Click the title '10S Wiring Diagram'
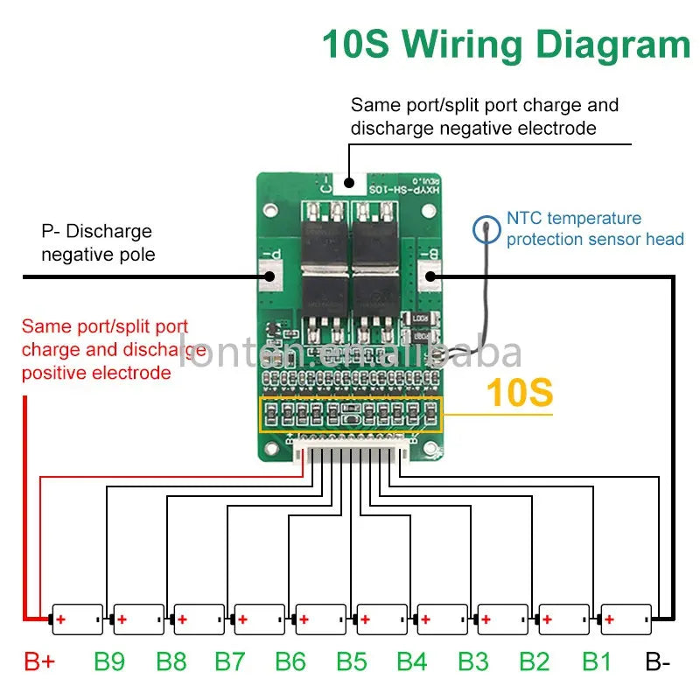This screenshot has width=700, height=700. click(x=506, y=44)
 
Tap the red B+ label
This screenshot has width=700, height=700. click(x=39, y=661)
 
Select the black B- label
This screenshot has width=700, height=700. click(x=658, y=661)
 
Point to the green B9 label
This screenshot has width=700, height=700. click(x=108, y=661)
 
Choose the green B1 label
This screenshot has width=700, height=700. click(x=597, y=661)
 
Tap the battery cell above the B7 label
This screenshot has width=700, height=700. click(x=259, y=619)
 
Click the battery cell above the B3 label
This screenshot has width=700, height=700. click(x=502, y=619)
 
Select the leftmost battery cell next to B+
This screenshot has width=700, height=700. click(x=77, y=619)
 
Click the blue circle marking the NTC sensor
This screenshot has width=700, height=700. click(x=486, y=230)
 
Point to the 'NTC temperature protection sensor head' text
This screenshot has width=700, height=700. click(x=594, y=228)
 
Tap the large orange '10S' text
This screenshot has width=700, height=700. click(x=519, y=392)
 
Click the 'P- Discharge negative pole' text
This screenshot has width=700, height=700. click(x=96, y=242)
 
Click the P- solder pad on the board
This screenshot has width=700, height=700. click(x=269, y=276)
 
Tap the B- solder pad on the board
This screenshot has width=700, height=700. click(x=430, y=276)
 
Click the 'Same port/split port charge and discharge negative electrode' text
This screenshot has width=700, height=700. click(x=484, y=116)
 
